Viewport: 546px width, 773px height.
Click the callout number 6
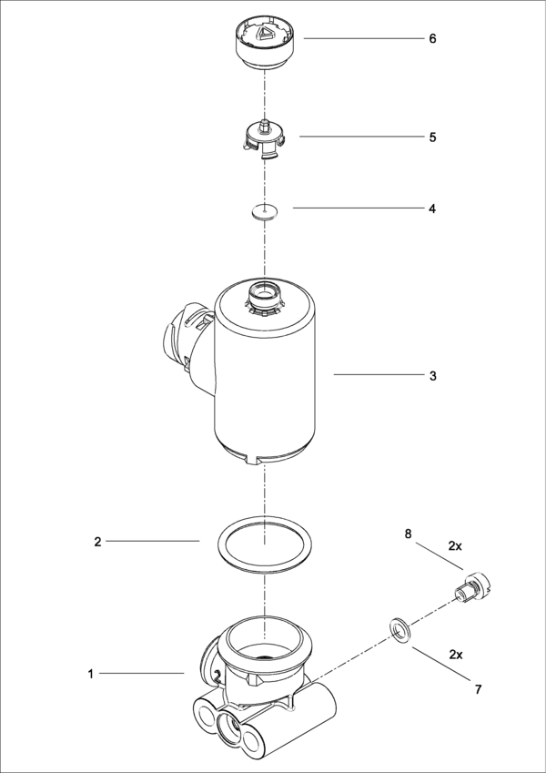(x=433, y=39)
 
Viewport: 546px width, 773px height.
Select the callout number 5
(x=433, y=137)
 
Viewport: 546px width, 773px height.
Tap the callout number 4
(x=433, y=209)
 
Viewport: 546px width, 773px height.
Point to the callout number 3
(x=433, y=375)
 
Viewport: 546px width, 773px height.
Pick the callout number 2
(x=97, y=542)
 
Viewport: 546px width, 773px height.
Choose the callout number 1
(x=91, y=674)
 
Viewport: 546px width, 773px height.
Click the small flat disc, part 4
(x=264, y=212)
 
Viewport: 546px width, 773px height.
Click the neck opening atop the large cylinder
(x=264, y=294)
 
